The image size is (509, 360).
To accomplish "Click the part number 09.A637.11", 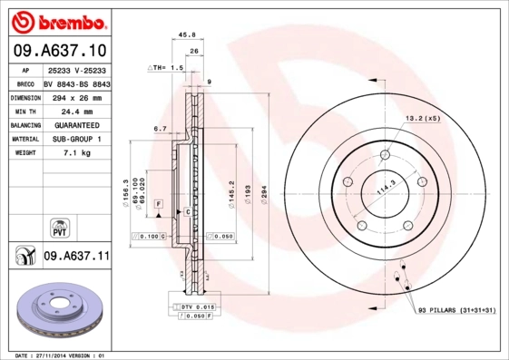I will click(x=76, y=257).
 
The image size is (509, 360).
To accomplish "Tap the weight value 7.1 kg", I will click(x=76, y=153).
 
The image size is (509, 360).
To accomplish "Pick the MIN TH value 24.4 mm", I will click(x=76, y=110).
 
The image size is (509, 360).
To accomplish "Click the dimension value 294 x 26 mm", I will click(x=76, y=96).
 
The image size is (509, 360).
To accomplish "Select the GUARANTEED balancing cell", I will click(x=76, y=124).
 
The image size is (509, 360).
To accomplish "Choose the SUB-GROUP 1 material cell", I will click(x=76, y=139).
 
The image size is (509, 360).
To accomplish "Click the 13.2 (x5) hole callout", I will click(x=422, y=118).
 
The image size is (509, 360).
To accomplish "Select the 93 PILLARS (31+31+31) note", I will click(x=457, y=311).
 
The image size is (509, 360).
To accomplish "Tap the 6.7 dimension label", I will click(x=161, y=129).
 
